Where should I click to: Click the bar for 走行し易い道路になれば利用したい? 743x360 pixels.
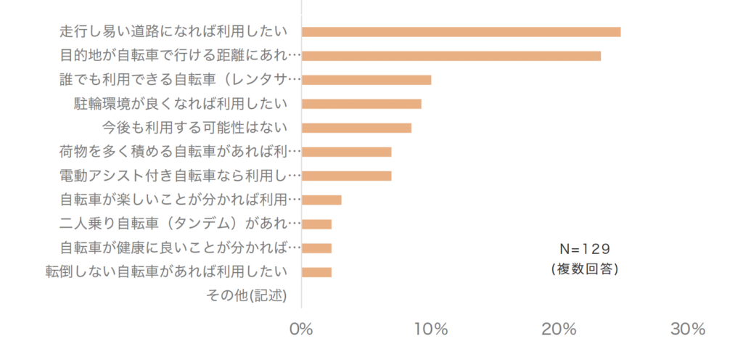[461, 32]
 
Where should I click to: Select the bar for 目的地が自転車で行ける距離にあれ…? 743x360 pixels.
[451, 56]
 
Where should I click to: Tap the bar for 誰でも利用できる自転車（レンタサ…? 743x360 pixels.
[366, 80]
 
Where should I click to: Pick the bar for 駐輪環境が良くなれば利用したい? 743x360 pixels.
[361, 104]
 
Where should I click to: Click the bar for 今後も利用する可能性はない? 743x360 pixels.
[356, 128]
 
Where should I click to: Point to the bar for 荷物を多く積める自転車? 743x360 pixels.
[346, 152]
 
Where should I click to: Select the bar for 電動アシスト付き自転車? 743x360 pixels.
[346, 176]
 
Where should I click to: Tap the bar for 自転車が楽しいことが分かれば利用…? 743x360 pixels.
[321, 200]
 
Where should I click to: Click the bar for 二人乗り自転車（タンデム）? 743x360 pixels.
[316, 224]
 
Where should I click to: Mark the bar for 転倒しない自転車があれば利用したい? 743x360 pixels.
[316, 272]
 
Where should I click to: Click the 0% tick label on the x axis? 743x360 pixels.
[301, 329]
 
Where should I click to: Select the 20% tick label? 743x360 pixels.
[559, 329]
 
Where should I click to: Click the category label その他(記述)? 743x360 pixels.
[247, 296]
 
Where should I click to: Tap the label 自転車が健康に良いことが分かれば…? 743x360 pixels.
[179, 248]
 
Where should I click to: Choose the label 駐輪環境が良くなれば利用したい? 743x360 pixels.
[180, 104]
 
